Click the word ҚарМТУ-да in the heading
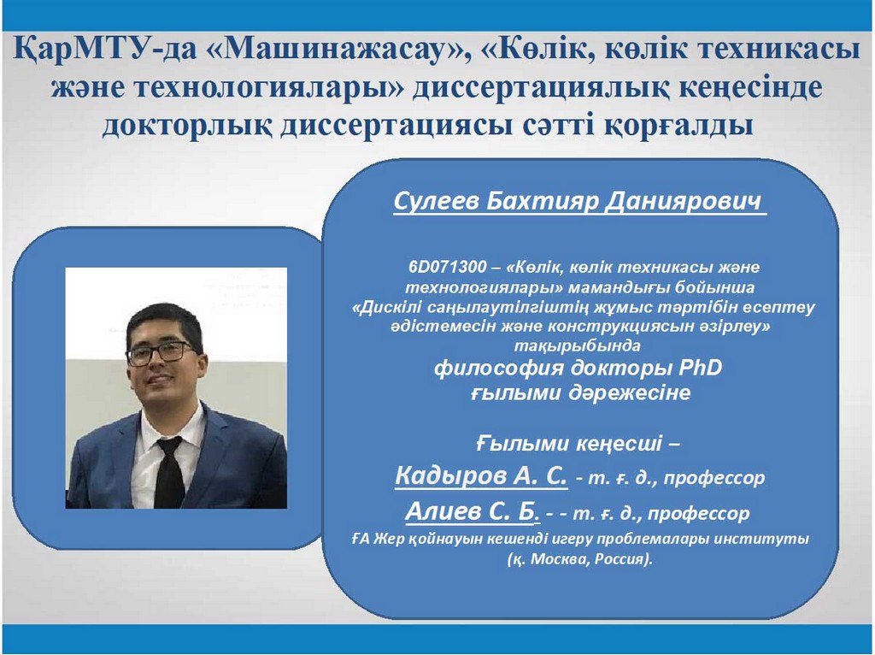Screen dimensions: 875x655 pos(105,49)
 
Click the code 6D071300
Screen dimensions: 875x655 pos(448,267)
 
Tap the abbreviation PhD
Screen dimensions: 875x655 pos(700,368)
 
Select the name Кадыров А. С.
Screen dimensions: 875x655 pos(481,475)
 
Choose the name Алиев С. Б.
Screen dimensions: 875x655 pos(472,511)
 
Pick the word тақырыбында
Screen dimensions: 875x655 pos(577,345)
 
